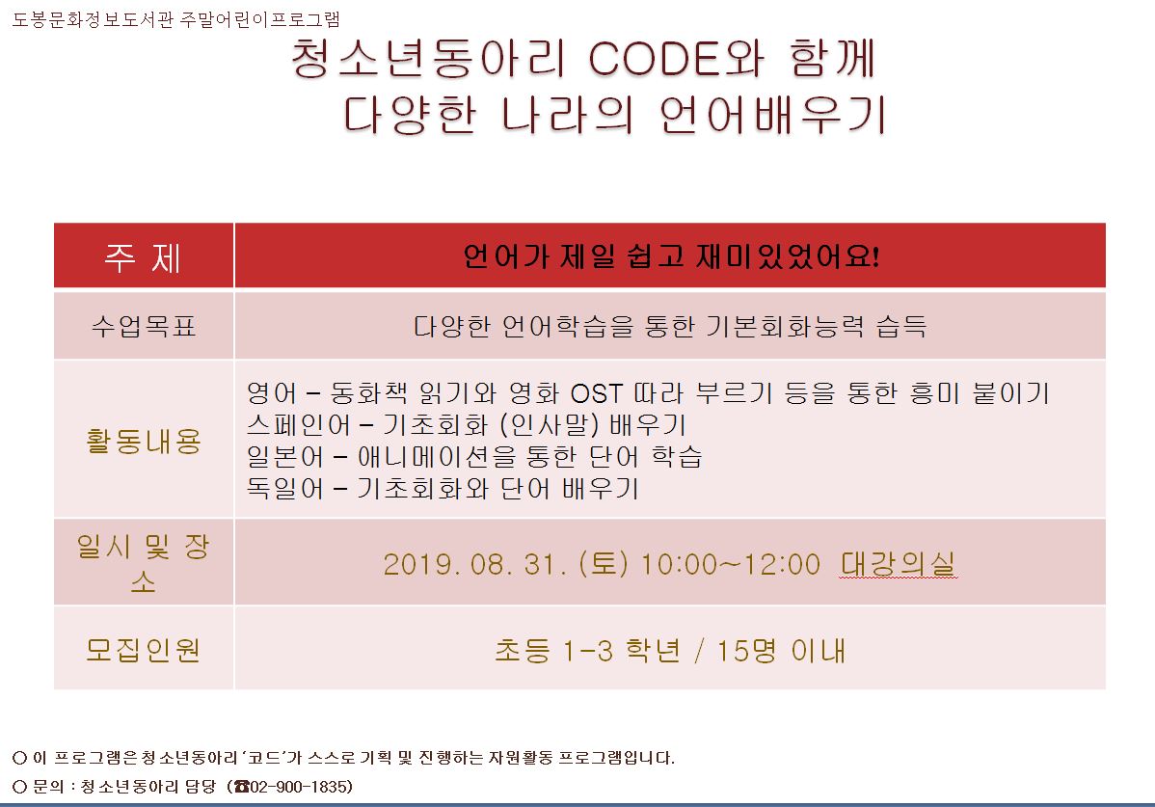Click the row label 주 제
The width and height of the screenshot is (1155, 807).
pyautogui.click(x=143, y=257)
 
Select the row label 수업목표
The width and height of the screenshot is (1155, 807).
pyautogui.click(x=144, y=326)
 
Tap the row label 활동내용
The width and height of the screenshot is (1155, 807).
pyautogui.click(x=144, y=441)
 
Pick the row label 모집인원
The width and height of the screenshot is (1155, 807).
pyautogui.click(x=144, y=650)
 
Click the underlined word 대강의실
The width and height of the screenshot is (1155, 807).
pyautogui.click(x=898, y=564)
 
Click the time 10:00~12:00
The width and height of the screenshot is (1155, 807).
pyautogui.click(x=730, y=565)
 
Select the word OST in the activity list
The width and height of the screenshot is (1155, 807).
pyautogui.click(x=597, y=394)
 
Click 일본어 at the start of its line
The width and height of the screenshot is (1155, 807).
pyautogui.click(x=285, y=456)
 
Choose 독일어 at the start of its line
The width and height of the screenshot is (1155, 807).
pyautogui.click(x=285, y=488)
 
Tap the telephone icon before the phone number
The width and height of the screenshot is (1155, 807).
pyautogui.click(x=242, y=787)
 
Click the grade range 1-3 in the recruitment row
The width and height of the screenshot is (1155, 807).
pyautogui.click(x=588, y=651)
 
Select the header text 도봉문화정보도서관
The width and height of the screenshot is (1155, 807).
pyautogui.click(x=94, y=19)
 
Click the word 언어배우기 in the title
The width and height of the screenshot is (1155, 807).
pyautogui.click(x=772, y=115)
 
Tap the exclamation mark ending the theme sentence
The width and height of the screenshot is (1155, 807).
pyautogui.click(x=875, y=256)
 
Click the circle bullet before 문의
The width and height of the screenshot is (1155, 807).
pyautogui.click(x=20, y=787)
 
